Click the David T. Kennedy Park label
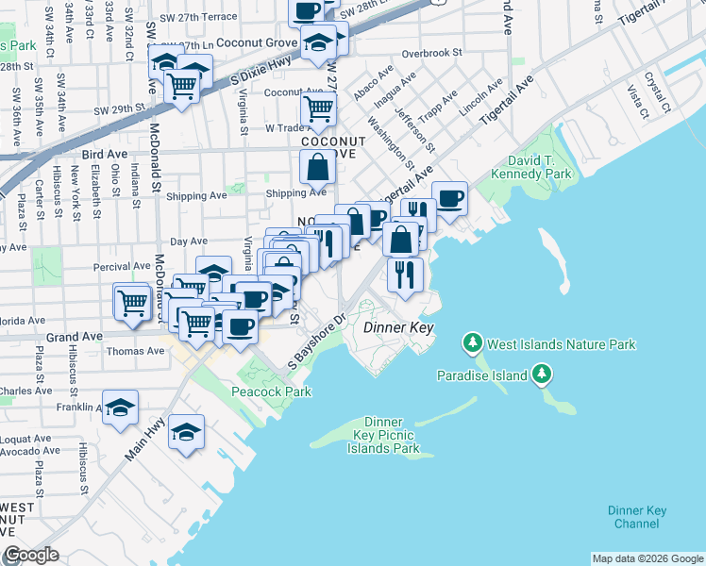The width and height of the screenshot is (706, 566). pos(539,167)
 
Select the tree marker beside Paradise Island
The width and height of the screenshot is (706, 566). pos(542,375)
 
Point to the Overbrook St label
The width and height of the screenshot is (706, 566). pos(431,53)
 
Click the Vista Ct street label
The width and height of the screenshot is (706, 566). pos(638,102)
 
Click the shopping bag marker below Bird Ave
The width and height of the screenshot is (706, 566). pos(318,168)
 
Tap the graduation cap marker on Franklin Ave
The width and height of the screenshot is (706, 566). pos(121,408)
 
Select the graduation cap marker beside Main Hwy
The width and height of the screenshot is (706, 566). pos(187,432)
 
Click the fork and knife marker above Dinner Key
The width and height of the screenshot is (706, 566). pos(404,275)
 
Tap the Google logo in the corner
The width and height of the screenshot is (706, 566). pos(31,556)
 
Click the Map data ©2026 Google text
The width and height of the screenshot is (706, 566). pos(647,558)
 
